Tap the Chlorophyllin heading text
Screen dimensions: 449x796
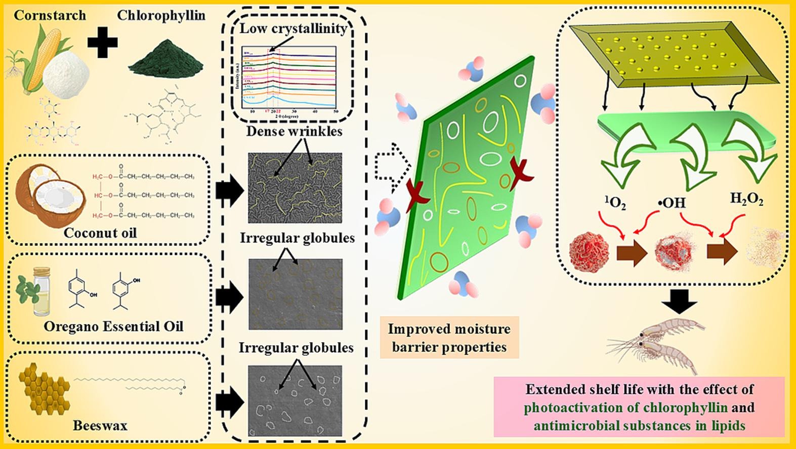(161, 16)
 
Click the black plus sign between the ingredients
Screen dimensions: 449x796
(103, 42)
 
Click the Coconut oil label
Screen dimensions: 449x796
(100, 233)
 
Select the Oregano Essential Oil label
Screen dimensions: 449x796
(113, 326)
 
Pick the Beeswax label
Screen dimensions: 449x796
(100, 425)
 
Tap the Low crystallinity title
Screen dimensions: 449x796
(293, 28)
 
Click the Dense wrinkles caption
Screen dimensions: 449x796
(294, 132)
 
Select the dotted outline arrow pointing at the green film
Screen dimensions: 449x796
(393, 165)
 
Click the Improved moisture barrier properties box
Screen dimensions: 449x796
(449, 338)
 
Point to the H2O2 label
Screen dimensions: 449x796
(746, 199)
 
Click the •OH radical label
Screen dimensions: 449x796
(672, 203)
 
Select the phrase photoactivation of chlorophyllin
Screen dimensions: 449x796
(625, 407)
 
